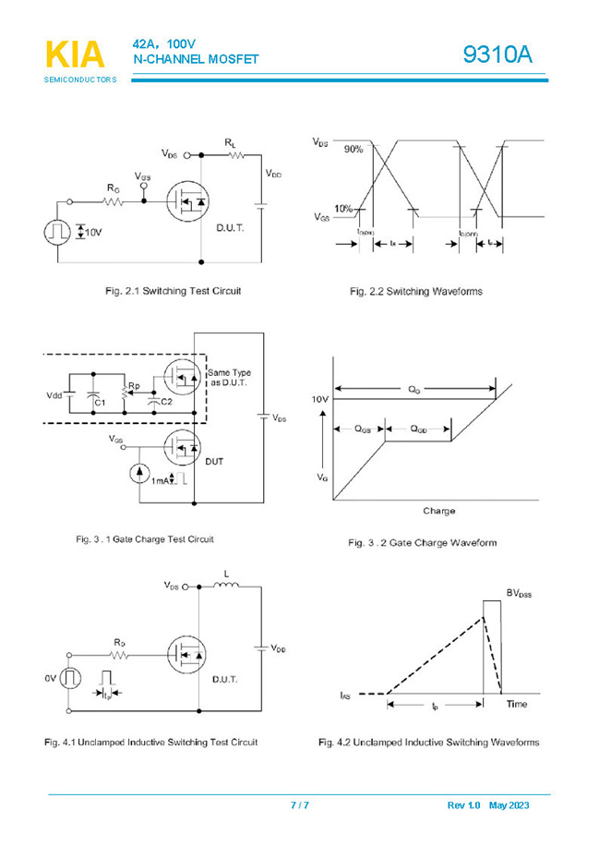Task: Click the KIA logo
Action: (76, 55)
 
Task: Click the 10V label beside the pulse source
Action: (94, 232)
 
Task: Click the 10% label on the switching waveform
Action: (344, 209)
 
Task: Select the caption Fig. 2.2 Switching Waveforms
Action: (415, 292)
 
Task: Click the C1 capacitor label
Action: (101, 403)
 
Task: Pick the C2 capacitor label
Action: (166, 402)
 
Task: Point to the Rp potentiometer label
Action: (134, 385)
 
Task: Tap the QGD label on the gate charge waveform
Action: (418, 429)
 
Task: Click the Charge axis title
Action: (438, 511)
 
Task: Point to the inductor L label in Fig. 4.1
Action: (225, 574)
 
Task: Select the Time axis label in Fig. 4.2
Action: (517, 705)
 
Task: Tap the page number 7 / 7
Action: (300, 805)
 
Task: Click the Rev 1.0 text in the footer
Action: (463, 805)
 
